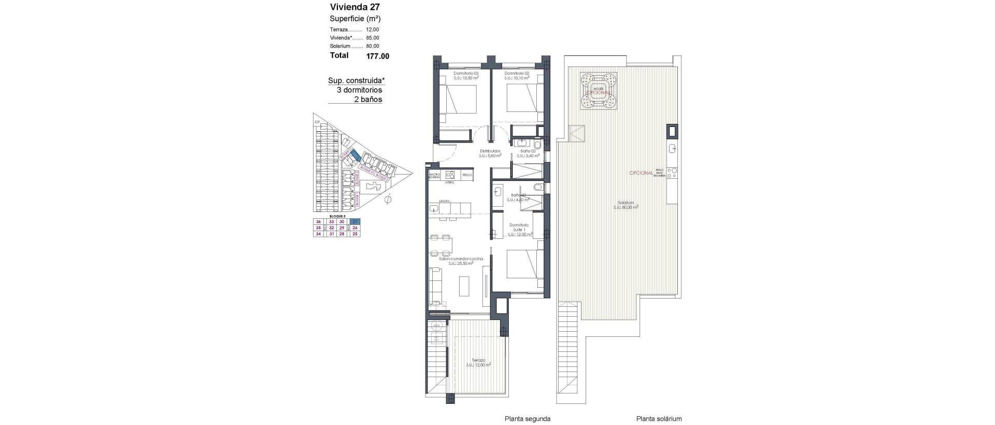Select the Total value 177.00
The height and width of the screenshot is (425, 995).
pyautogui.click(x=378, y=56)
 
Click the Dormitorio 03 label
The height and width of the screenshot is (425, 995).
pyautogui.click(x=466, y=74)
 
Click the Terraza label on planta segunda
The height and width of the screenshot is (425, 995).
pyautogui.click(x=478, y=360)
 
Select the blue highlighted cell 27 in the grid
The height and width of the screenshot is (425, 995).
pyautogui.click(x=355, y=222)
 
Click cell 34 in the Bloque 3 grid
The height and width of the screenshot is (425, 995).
pyautogui.click(x=318, y=234)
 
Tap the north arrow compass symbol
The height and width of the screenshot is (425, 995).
pyautogui.click(x=388, y=199)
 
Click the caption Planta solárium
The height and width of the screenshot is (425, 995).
pyautogui.click(x=659, y=419)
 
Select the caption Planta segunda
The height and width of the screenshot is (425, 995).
pyautogui.click(x=527, y=419)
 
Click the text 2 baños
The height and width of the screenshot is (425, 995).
pyautogui.click(x=367, y=100)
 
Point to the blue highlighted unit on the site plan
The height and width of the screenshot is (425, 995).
pyautogui.click(x=356, y=154)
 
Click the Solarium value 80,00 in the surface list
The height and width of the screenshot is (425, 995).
pyautogui.click(x=372, y=46)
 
